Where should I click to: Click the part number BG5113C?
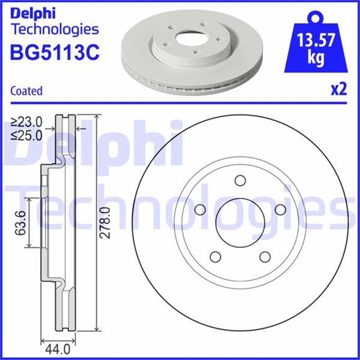tap(55, 53)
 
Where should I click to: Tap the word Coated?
tap(26, 91)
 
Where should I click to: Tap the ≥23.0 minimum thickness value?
tap(27, 121)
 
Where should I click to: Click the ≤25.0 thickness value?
tap(27, 134)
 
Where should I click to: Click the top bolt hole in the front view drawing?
tap(240, 181)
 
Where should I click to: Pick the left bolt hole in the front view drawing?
tap(200, 210)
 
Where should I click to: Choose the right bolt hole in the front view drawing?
tap(281, 210)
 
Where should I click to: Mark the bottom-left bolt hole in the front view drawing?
tap(215, 257)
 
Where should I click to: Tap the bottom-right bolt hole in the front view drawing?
tap(265, 257)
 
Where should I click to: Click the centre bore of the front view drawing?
tap(240, 222)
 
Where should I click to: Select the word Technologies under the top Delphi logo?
tap(55, 29)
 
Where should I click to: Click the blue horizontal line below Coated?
tap(180, 102)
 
